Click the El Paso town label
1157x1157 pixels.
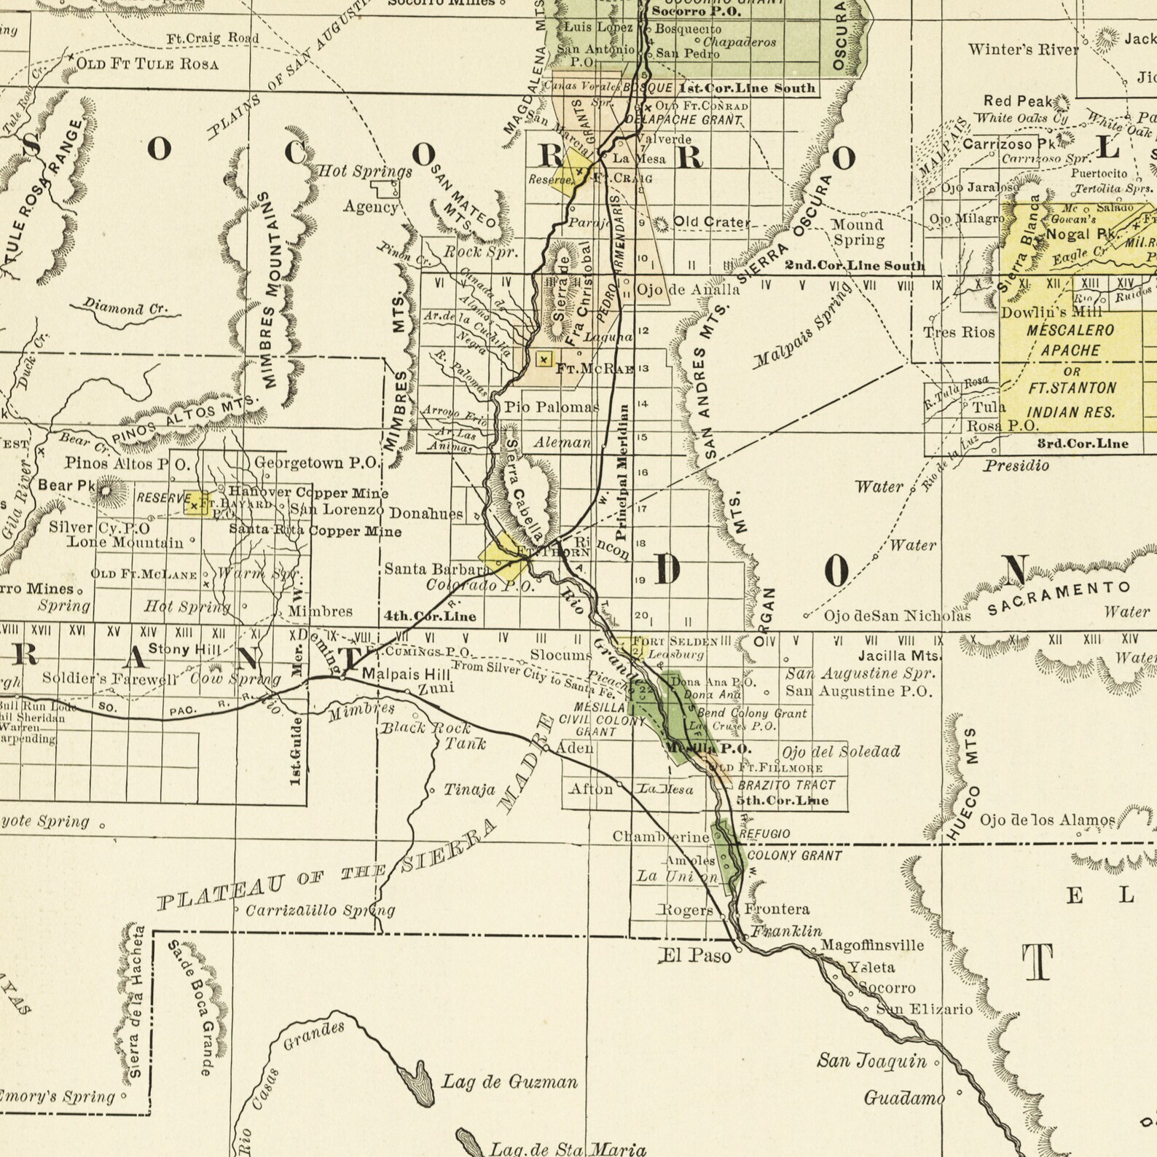pyautogui.click(x=694, y=955)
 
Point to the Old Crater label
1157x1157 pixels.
pyautogui.click(x=711, y=222)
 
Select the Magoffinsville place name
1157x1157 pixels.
pyautogui.click(x=872, y=946)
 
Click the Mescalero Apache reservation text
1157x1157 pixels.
pyautogui.click(x=1070, y=340)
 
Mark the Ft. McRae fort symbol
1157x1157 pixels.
pyautogui.click(x=544, y=359)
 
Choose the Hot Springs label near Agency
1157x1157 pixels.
pyautogui.click(x=365, y=172)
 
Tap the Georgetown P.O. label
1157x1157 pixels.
pyautogui.click(x=316, y=463)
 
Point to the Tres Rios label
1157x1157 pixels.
pyautogui.click(x=959, y=332)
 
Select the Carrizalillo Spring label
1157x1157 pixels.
pyautogui.click(x=320, y=911)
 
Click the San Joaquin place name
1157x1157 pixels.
pyautogui.click(x=871, y=1061)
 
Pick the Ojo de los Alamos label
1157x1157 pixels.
pyautogui.click(x=1046, y=821)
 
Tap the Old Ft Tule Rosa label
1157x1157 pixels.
pyautogui.click(x=147, y=64)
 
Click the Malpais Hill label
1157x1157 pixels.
pyautogui.click(x=406, y=675)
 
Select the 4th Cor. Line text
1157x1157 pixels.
pyautogui.click(x=430, y=616)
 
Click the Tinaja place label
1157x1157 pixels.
pyautogui.click(x=469, y=790)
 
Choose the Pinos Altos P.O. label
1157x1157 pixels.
pyautogui.click(x=128, y=463)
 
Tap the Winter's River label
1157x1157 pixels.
pyautogui.click(x=1023, y=50)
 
